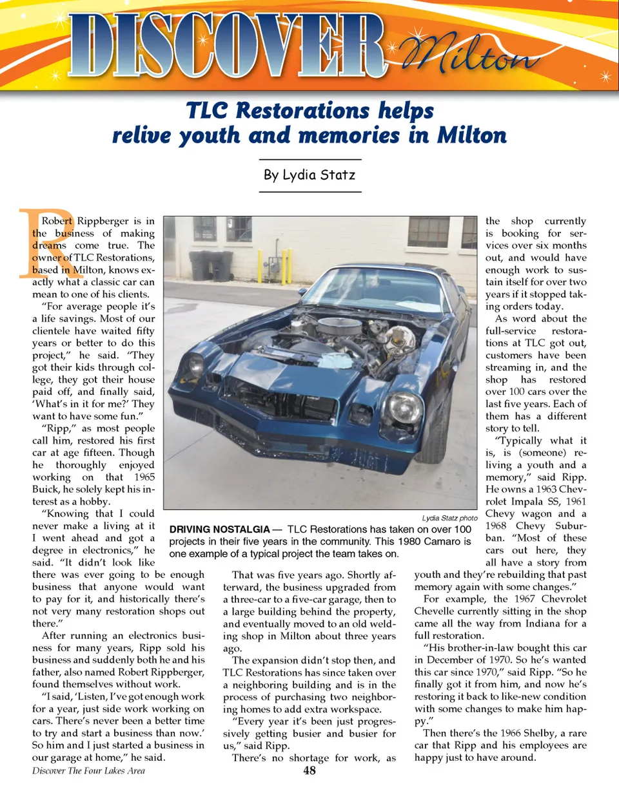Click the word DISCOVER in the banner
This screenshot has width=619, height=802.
[226, 46]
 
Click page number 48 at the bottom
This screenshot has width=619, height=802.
[309, 770]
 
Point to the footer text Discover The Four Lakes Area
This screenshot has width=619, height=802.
[88, 770]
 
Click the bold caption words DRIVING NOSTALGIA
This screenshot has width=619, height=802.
[219, 530]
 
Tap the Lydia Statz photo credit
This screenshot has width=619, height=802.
[449, 518]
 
